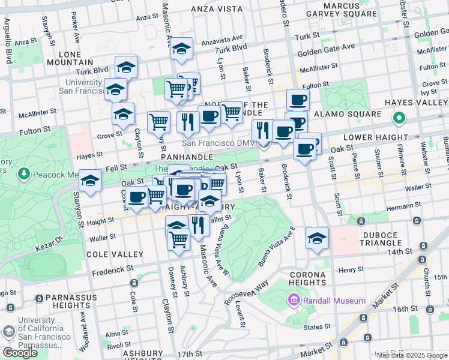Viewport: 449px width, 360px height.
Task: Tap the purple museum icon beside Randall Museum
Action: click(294, 300)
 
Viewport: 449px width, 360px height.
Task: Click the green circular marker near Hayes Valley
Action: click(398, 119)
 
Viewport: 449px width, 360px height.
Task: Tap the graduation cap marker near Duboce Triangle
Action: click(317, 238)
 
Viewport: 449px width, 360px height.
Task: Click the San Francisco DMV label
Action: click(218, 143)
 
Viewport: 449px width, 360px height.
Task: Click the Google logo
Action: click(20, 352)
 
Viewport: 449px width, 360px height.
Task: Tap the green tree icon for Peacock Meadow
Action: click(25, 174)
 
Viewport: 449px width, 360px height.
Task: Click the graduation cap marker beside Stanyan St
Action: click(90, 181)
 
